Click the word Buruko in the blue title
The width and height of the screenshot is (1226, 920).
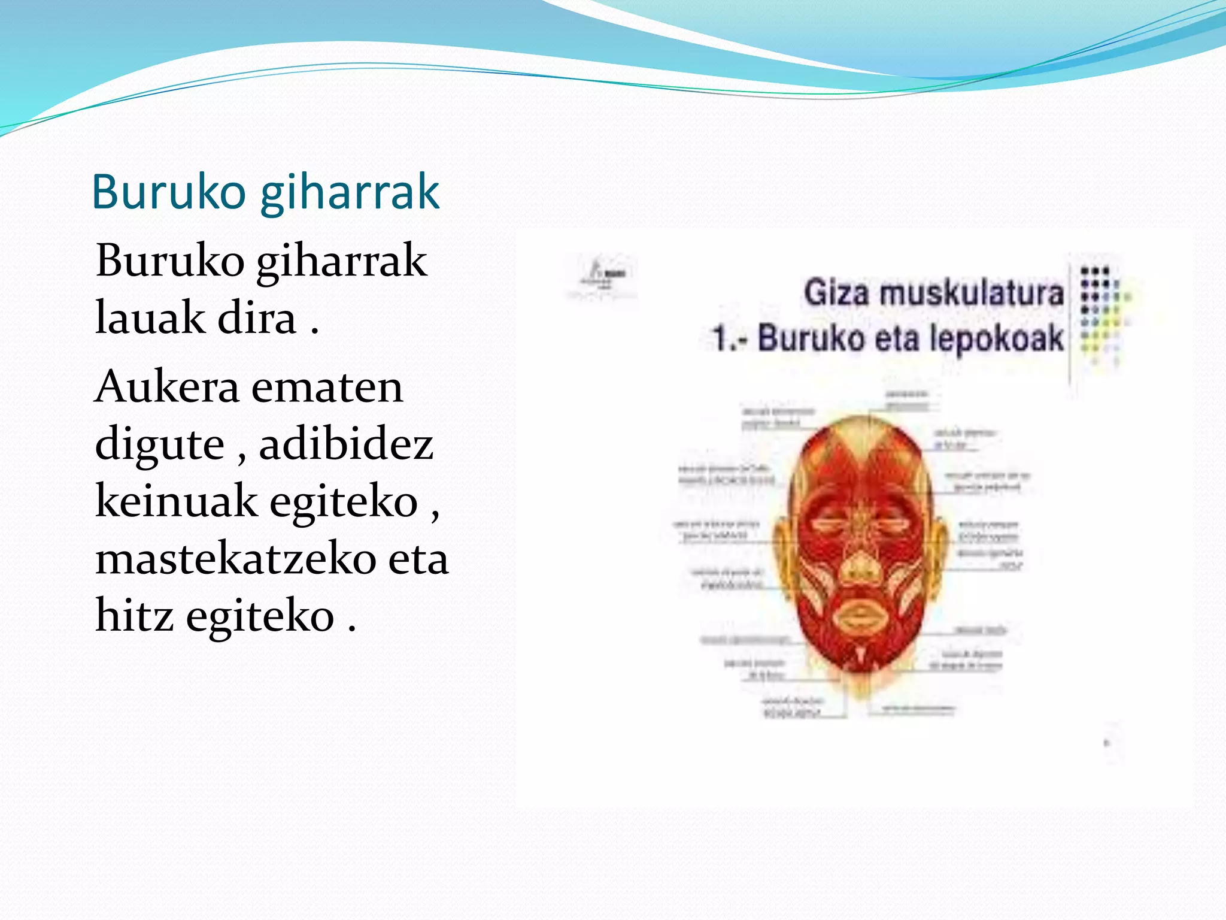[x=169, y=192]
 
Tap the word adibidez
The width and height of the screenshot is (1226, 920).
[x=346, y=444]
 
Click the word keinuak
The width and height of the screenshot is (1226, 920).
[x=175, y=501]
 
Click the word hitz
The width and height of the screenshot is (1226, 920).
[x=135, y=616]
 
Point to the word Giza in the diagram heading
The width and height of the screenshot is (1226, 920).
[x=836, y=293]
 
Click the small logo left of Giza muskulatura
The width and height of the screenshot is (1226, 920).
[x=602, y=277]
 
